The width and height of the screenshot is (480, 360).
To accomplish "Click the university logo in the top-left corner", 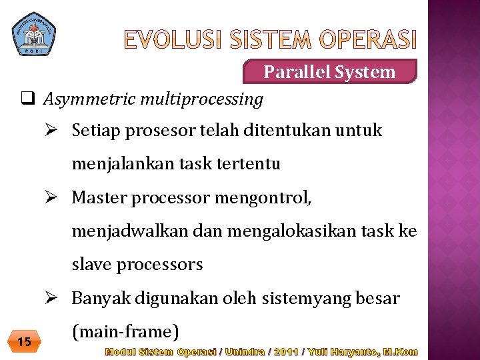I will coord(34,33).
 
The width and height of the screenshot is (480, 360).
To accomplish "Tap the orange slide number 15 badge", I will coord(25,342).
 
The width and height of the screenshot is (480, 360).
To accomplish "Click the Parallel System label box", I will coord(329,71).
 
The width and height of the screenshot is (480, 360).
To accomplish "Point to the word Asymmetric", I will coord(84,100).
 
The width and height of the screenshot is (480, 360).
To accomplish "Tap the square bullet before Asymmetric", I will coord(27,99).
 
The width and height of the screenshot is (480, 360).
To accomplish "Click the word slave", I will coord(91,265).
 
